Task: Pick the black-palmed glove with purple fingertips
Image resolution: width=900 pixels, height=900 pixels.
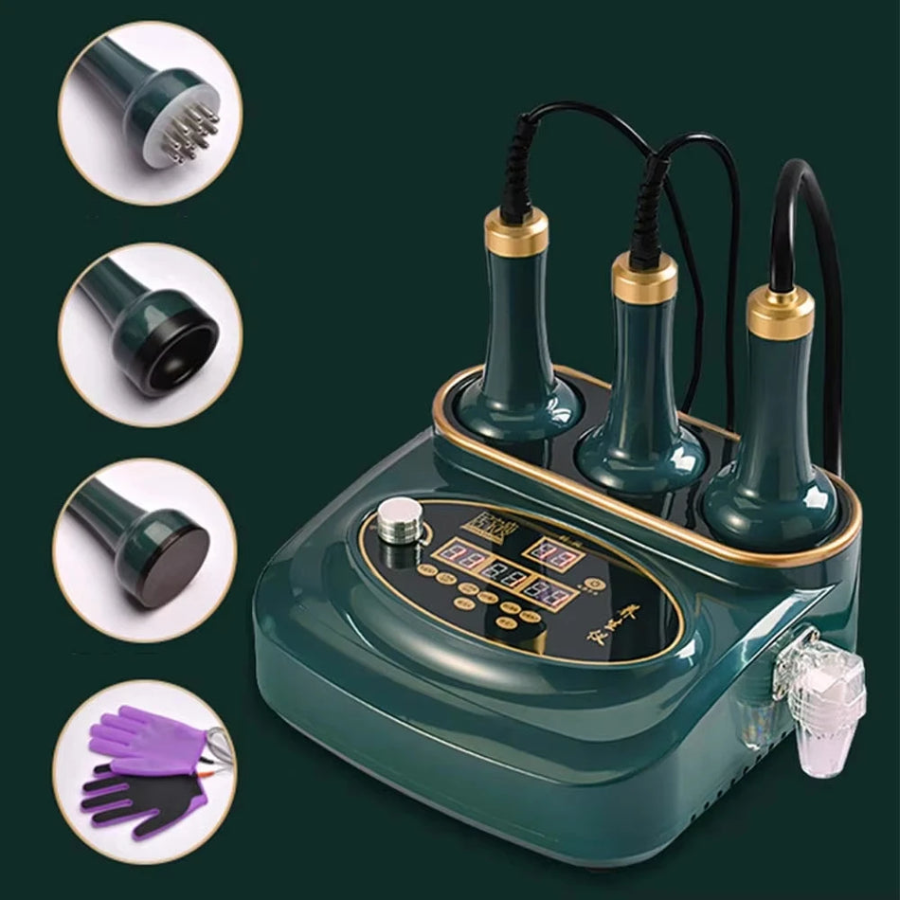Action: [x=142, y=801]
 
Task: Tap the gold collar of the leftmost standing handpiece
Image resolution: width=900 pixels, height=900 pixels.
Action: [x=516, y=232]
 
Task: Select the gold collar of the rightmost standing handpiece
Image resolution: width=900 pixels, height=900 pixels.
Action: [x=780, y=314]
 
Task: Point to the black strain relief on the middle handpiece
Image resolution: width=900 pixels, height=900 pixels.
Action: [x=650, y=213]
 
